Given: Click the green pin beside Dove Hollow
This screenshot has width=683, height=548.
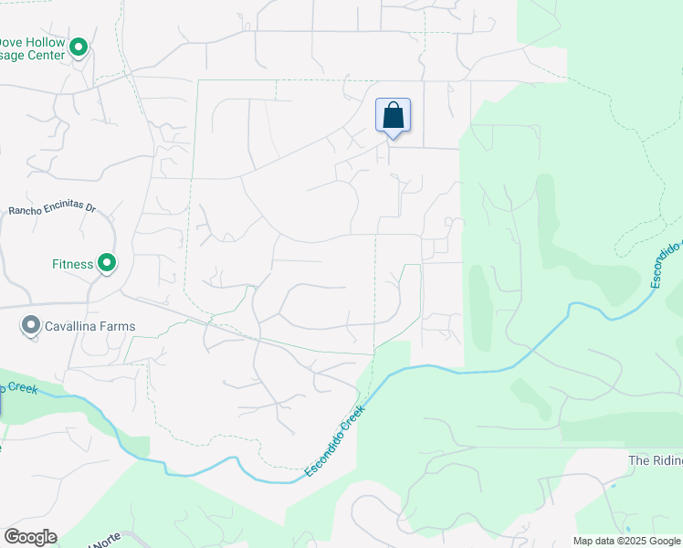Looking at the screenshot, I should pos(79,46).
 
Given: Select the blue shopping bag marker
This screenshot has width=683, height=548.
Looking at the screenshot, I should pos(394,116).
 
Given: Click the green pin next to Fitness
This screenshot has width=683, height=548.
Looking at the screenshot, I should pos(107,264).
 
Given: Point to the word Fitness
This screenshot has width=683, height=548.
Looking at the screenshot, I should pos(72,265).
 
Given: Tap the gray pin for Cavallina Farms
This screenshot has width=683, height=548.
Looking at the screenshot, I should pos(31,325).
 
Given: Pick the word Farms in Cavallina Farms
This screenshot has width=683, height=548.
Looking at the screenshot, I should pos(120,326).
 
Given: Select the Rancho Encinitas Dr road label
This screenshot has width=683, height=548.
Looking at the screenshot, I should pos(52,208).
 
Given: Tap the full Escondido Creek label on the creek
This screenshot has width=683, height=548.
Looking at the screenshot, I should pos(334,441).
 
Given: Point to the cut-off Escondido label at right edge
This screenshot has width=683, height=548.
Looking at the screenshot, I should pos(667,264).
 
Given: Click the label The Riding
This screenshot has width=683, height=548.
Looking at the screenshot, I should pos(655,460).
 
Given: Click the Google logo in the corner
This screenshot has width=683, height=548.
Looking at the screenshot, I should pos(30,537).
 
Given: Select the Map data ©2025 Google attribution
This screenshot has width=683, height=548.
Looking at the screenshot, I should pos(625,541).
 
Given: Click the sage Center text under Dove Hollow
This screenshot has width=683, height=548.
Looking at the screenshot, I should pos(33,55).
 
